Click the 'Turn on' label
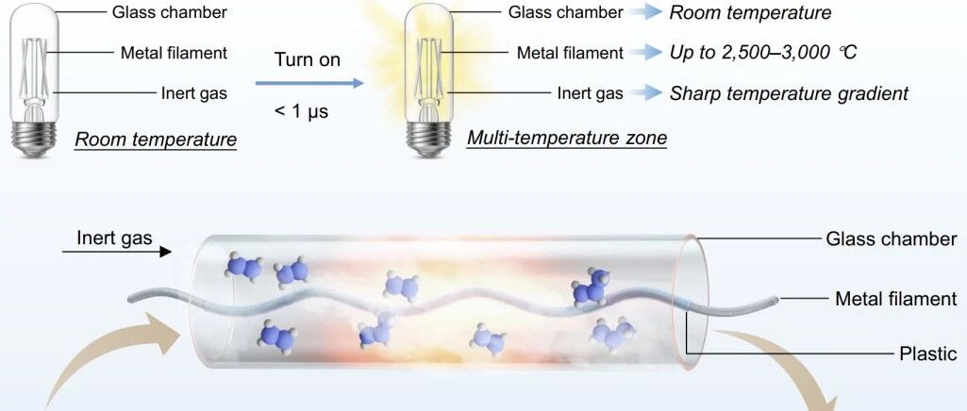(x=308, y=59)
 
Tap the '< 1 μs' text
(x=302, y=111)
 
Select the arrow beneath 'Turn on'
(x=309, y=83)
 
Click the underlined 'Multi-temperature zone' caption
(x=567, y=137)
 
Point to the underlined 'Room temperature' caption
(x=156, y=140)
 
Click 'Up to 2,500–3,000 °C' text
(x=763, y=53)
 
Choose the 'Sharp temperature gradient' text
(x=789, y=93)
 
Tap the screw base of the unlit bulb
(x=34, y=137)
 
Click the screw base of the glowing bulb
(x=426, y=139)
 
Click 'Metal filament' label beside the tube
(x=896, y=299)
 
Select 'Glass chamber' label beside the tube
(x=892, y=238)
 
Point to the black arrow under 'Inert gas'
(x=117, y=252)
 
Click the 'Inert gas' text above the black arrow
(x=115, y=238)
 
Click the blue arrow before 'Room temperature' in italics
(x=645, y=12)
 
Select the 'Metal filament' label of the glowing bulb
(x=571, y=53)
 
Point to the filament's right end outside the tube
(x=777, y=300)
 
